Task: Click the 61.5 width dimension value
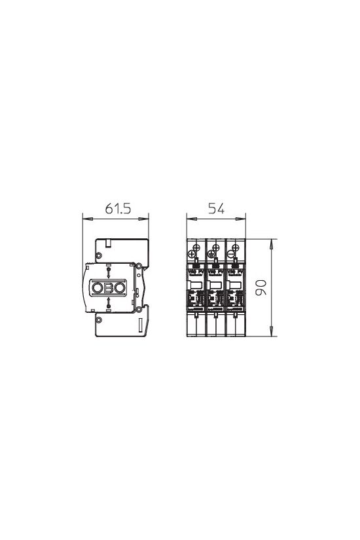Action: (118, 209)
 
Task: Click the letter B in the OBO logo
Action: (109, 289)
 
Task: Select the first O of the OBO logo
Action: (98, 289)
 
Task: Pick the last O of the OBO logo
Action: (120, 289)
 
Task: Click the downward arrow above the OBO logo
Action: (109, 272)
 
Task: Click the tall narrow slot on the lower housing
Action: (141, 325)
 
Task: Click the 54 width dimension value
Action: (216, 209)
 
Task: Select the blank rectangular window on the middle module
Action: (213, 284)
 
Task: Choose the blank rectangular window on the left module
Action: (194, 284)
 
